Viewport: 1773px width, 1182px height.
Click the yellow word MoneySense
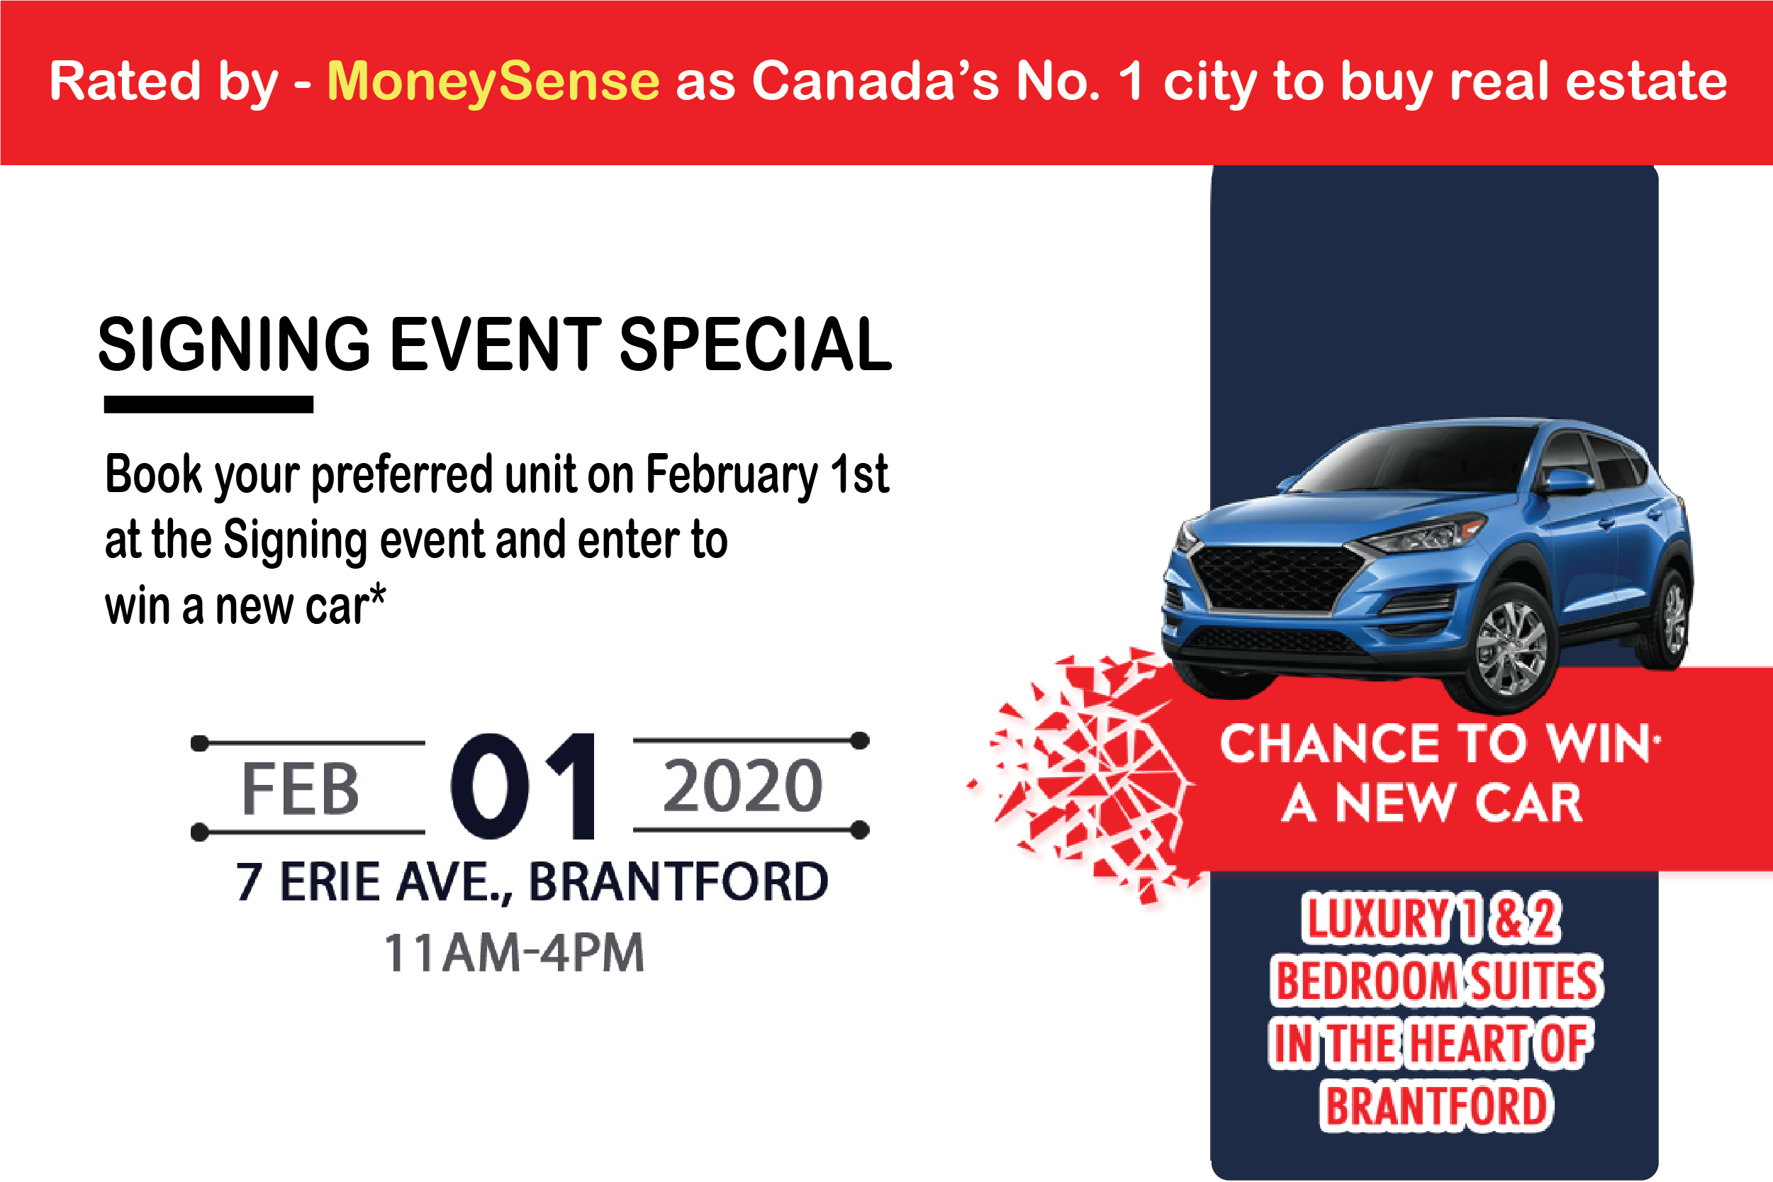493,82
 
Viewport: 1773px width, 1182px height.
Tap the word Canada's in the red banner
876,81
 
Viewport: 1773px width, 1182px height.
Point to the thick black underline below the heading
208,404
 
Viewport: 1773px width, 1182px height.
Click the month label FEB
300,788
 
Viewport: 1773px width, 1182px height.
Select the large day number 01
525,786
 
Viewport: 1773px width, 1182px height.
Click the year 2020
743,786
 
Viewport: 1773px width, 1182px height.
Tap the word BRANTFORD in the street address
678,881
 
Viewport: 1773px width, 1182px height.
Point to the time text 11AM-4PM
514,953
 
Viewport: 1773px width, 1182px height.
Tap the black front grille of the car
1277,578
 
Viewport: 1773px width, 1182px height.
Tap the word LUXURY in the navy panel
1376,919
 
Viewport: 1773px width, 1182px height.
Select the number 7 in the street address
249,882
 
